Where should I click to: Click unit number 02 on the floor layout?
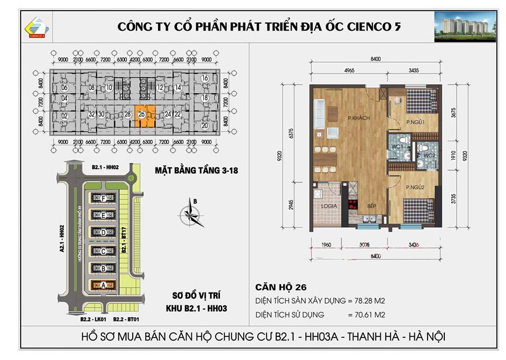(x=65, y=116)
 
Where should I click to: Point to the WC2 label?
(x=428, y=155)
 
